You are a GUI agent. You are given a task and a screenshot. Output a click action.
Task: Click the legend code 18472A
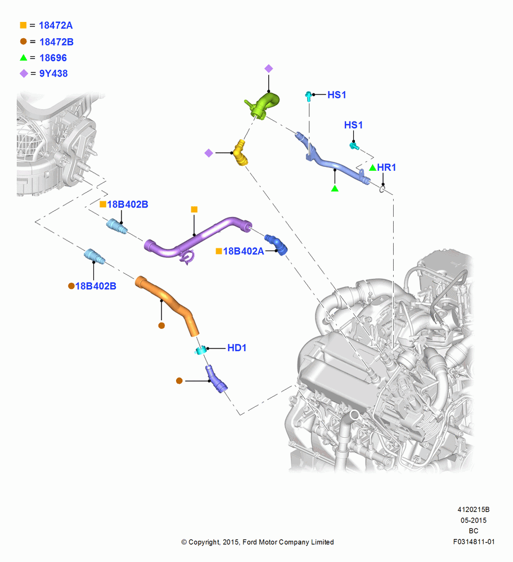pyautogui.click(x=56, y=25)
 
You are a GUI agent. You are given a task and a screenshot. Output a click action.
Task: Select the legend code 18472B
pyautogui.click(x=56, y=42)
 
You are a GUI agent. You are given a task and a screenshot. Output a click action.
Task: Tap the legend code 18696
pyautogui.click(x=53, y=58)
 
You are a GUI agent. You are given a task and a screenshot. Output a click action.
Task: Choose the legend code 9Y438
pyautogui.click(x=53, y=74)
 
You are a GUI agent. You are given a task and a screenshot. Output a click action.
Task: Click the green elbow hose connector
pyautogui.click(x=264, y=106)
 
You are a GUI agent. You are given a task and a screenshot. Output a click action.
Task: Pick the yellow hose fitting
pyautogui.click(x=240, y=153)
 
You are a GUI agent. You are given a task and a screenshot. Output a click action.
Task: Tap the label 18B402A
pyautogui.click(x=244, y=251)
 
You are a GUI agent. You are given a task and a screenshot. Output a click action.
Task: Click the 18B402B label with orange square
pyautogui.click(x=128, y=205)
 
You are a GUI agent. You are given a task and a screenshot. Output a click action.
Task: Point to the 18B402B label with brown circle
pyautogui.click(x=96, y=286)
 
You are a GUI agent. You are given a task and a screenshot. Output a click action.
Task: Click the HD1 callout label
pyautogui.click(x=237, y=348)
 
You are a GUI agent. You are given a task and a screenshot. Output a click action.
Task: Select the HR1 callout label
pyautogui.click(x=386, y=167)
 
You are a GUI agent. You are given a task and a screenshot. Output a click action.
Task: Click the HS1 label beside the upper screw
pyautogui.click(x=337, y=95)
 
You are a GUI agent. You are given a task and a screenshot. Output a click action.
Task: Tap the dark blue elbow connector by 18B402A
pyautogui.click(x=277, y=244)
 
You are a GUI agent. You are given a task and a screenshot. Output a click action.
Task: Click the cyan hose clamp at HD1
pyautogui.click(x=200, y=350)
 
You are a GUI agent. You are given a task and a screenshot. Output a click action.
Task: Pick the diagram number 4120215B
pyautogui.click(x=474, y=509)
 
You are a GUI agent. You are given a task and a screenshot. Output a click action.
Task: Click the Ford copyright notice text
pyautogui.click(x=258, y=542)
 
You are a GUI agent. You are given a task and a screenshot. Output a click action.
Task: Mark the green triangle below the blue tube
pyautogui.click(x=335, y=188)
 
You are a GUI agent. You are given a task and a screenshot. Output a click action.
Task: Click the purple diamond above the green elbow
pyautogui.click(x=269, y=69)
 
